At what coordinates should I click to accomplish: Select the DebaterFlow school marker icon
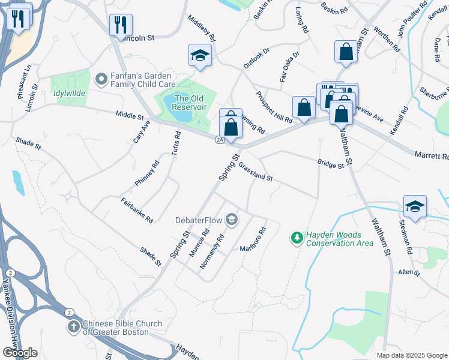tap(232, 220)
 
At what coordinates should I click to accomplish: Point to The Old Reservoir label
tap(190, 103)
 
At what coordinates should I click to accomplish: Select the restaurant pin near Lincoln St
tap(121, 25)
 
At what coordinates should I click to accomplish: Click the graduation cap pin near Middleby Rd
tap(200, 55)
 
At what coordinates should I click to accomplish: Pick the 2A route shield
tap(220, 140)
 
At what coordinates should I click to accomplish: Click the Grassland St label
tap(256, 172)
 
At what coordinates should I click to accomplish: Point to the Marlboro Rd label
tap(253, 240)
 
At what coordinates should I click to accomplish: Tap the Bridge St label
tap(331, 163)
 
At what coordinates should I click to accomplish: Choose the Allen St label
tap(408, 272)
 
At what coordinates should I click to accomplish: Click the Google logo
tap(20, 352)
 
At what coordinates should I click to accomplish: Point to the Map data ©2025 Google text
tap(412, 355)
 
